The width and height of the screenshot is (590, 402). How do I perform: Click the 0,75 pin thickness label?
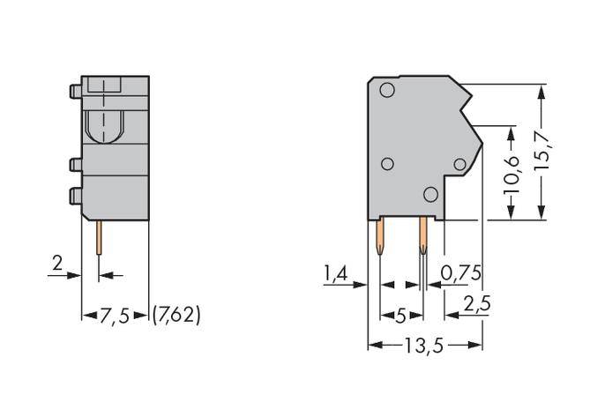pos(460,274)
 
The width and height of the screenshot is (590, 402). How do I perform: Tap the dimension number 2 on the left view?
pos(57,264)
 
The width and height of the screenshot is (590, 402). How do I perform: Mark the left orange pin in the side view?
pos(380,235)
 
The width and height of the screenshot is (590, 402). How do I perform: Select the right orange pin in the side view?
pos(423,235)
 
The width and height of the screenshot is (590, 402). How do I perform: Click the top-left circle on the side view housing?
pos(386,91)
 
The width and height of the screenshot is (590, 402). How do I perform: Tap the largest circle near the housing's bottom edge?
pos(430,195)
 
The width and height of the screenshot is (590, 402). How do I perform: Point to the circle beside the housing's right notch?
pos(459,164)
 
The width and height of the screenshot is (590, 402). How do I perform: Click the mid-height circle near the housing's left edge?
pos(386,164)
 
